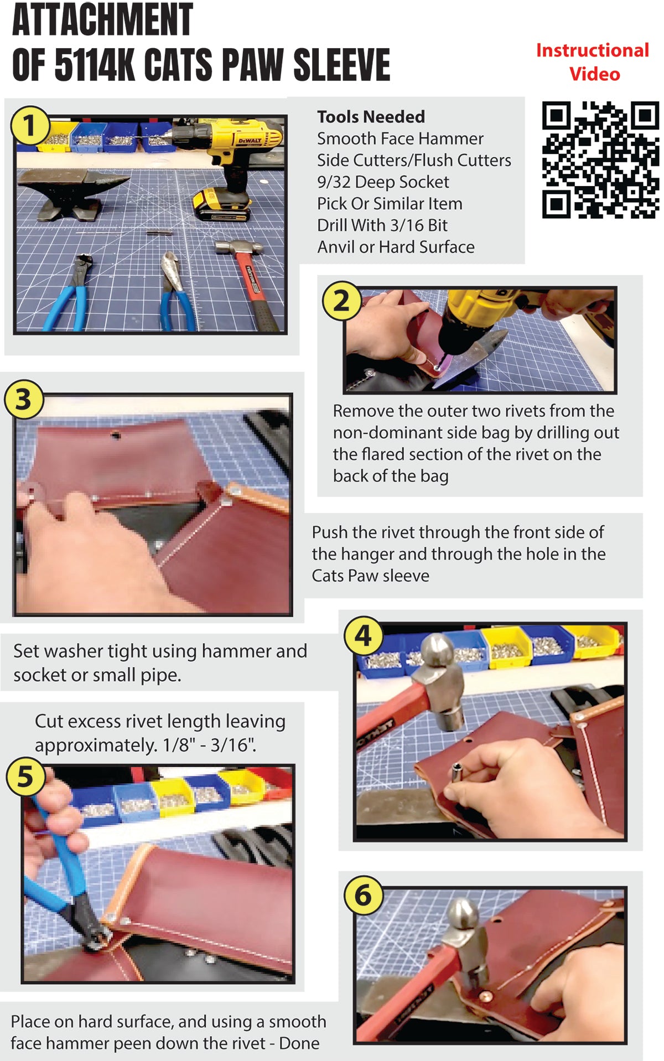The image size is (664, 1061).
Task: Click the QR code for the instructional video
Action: coord(600,159)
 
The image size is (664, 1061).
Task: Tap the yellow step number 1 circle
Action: coord(29,125)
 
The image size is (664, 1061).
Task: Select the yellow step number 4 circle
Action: coord(363,635)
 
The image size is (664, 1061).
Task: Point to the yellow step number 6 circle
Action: coord(363,894)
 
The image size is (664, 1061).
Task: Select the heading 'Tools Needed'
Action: coord(371,117)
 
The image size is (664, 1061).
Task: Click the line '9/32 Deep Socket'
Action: coord(383,182)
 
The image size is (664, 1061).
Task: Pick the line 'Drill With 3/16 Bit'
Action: coord(382,225)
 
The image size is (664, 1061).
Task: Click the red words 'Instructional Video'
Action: coord(593,62)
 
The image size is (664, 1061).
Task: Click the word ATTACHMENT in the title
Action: coord(102,20)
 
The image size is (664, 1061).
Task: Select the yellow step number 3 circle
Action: coord(23,399)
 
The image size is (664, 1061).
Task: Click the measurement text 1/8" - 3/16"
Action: coord(209,745)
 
